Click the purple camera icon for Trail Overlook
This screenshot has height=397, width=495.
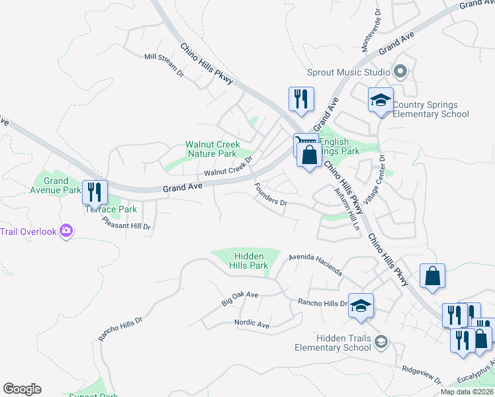[x=66, y=231]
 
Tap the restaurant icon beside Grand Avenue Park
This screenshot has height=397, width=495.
[x=95, y=193]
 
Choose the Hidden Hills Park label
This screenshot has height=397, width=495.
[x=249, y=261]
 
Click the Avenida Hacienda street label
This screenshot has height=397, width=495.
[x=315, y=263]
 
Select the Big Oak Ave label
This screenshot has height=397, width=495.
[x=240, y=298]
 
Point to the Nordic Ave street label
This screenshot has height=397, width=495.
[x=251, y=324]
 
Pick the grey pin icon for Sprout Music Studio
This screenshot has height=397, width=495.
[x=400, y=71]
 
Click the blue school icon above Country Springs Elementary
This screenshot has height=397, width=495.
[x=381, y=101]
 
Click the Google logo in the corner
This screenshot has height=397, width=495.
[x=22, y=389]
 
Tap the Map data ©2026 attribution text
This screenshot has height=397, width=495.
[x=466, y=392]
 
